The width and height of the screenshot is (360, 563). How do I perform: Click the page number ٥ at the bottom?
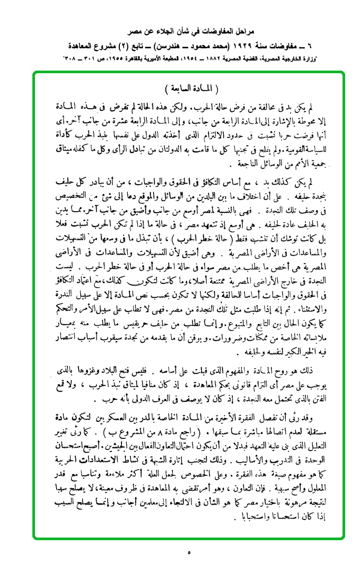tap(189, 552)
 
